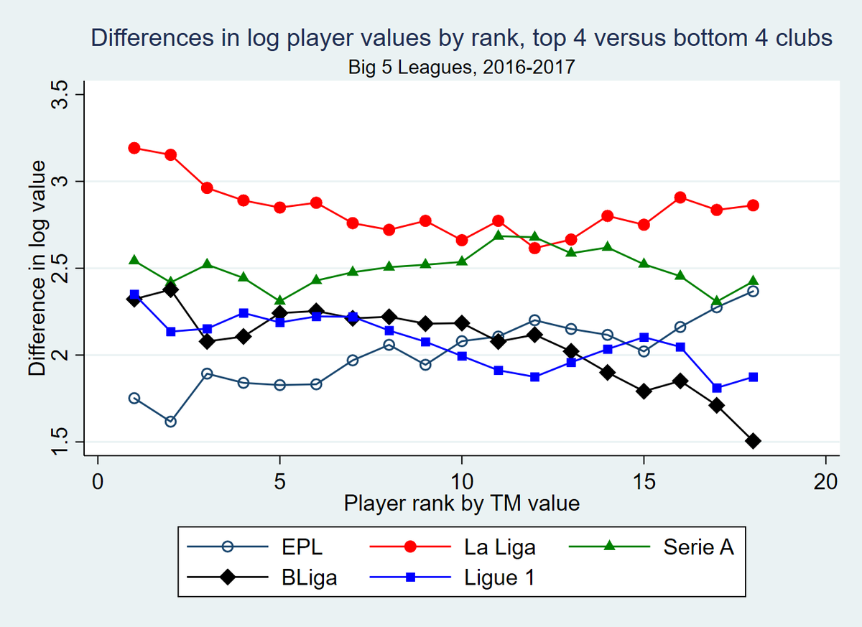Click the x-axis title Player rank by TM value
[461, 503]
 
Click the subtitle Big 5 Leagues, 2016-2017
[461, 68]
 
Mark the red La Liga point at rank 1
[134, 148]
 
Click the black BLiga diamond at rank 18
[753, 441]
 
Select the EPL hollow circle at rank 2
[170, 422]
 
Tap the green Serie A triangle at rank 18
[753, 281]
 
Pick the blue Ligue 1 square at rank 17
[717, 388]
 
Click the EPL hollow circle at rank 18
[753, 291]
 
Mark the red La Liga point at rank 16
[680, 198]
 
